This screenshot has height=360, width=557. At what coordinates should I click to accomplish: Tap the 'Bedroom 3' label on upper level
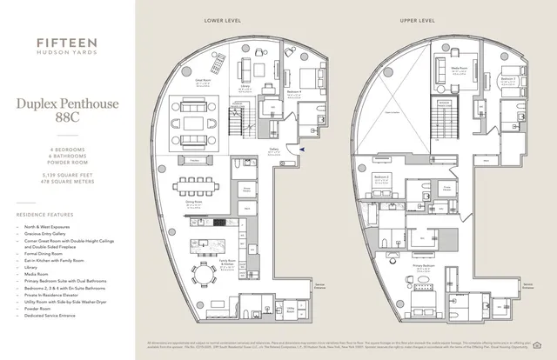pos(507,79)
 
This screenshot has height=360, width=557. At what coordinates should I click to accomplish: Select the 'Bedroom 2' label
pos(381,177)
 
